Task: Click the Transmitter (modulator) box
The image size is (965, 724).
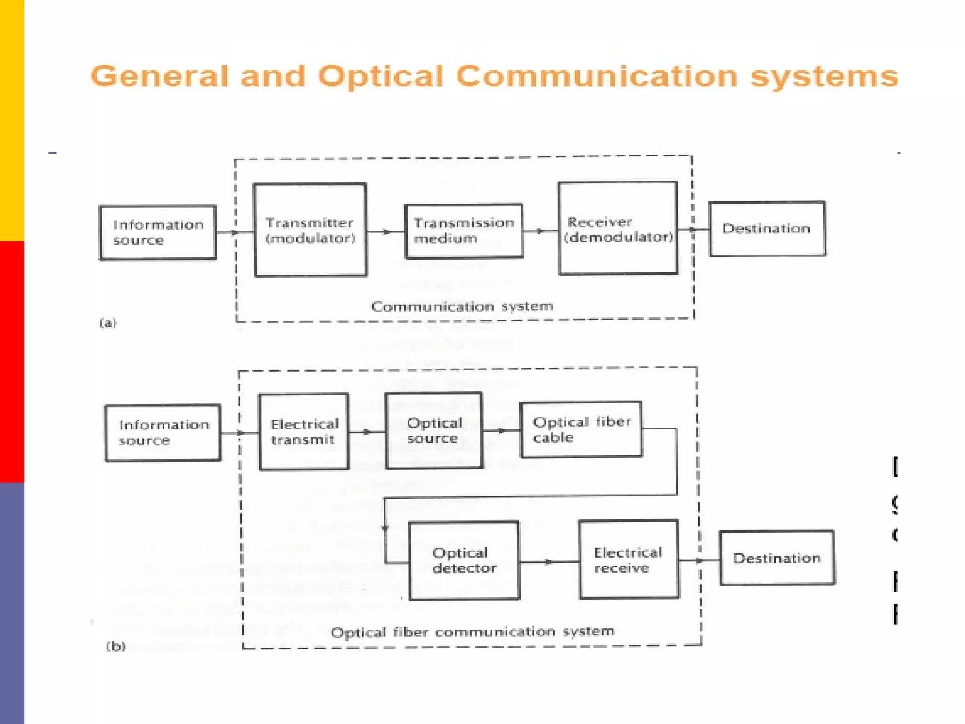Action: (x=310, y=230)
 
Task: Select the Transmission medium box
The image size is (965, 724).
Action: (x=464, y=231)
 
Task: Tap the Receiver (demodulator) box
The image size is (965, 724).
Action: (x=618, y=228)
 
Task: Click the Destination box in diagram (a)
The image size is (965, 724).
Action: (x=767, y=229)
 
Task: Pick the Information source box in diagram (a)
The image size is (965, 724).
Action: (x=158, y=232)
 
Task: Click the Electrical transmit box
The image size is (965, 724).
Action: (x=304, y=432)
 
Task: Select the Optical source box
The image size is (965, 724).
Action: (x=434, y=430)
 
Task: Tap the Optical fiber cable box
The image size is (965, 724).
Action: (x=581, y=429)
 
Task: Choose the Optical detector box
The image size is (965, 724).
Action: (x=464, y=560)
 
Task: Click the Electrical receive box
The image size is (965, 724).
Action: (x=629, y=559)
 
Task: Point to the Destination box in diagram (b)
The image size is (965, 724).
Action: (x=777, y=558)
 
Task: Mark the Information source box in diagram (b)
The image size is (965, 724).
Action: (x=163, y=433)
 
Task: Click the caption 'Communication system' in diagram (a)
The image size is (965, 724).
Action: (x=462, y=306)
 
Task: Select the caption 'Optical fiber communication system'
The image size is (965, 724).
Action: (x=473, y=632)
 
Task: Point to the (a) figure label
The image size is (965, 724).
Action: (x=108, y=323)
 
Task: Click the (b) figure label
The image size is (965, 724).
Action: (x=116, y=646)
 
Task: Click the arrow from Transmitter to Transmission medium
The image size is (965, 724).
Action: (x=385, y=231)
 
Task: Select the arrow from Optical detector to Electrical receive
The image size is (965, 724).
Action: (x=548, y=561)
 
